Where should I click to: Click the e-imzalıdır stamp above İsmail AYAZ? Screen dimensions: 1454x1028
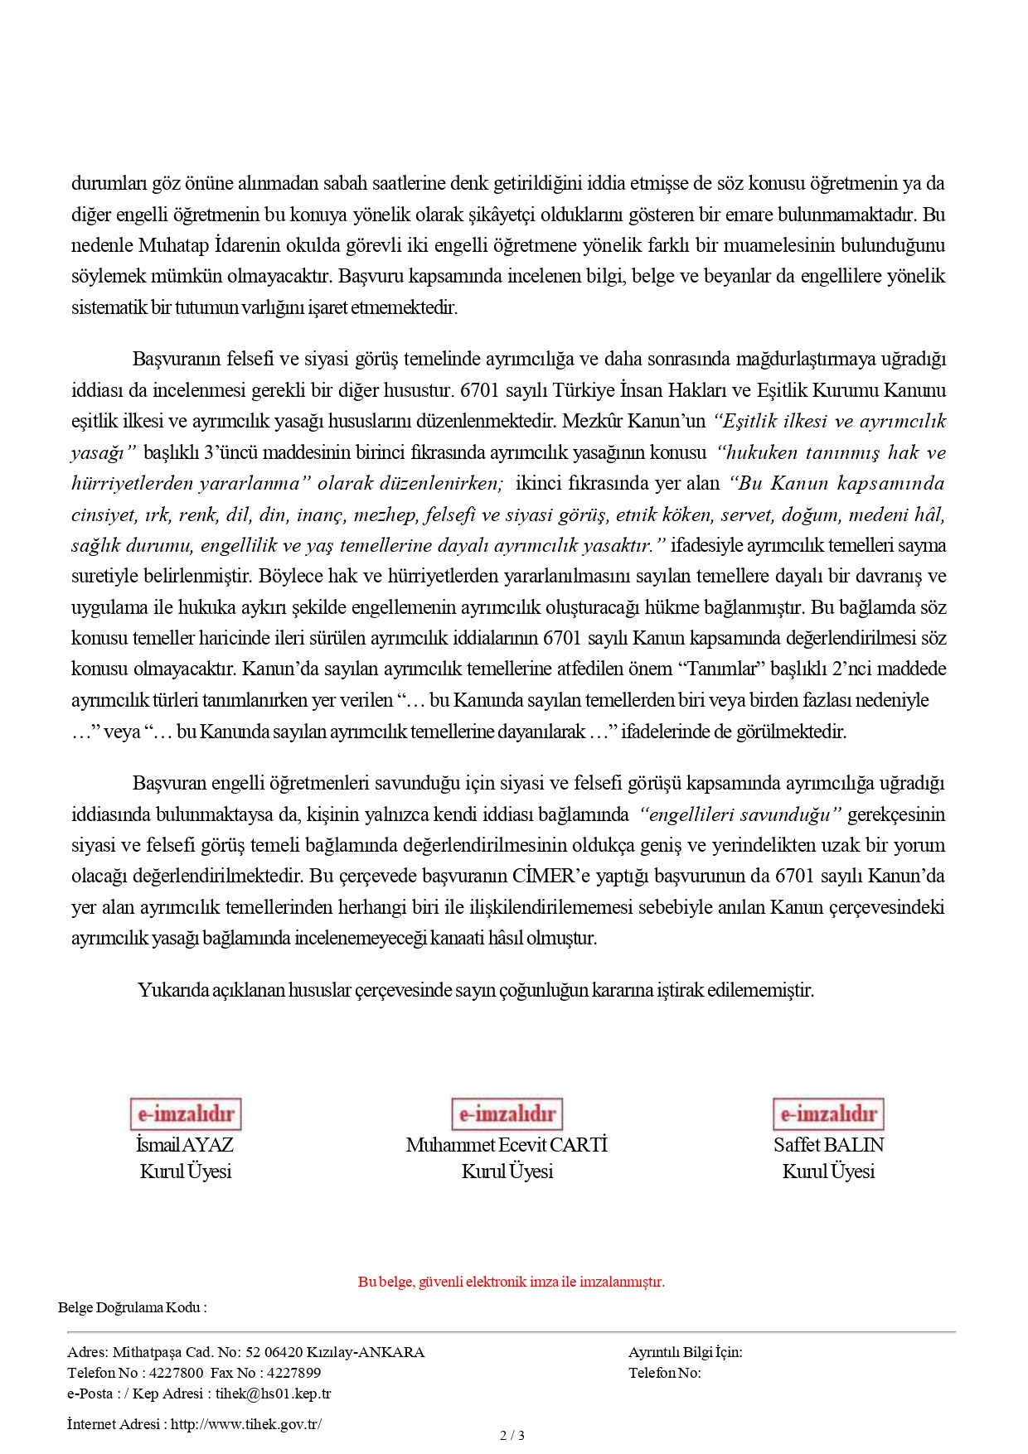tap(185, 1113)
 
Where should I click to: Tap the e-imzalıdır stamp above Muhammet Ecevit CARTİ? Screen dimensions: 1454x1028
tap(507, 1113)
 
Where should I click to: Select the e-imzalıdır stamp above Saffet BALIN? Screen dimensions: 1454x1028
tap(828, 1113)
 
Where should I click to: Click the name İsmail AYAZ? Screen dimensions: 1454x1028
tap(185, 1145)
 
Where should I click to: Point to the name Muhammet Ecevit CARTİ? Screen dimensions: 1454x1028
tap(507, 1145)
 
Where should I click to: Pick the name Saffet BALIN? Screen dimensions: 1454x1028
tap(828, 1145)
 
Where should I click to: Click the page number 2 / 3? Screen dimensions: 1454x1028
tap(512, 1435)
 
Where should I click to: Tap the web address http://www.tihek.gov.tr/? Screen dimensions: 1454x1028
tap(246, 1424)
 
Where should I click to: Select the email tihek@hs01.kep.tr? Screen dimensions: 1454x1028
tap(273, 1394)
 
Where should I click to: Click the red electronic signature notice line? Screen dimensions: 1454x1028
tap(512, 1282)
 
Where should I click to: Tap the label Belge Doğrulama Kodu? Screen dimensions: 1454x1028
tap(132, 1307)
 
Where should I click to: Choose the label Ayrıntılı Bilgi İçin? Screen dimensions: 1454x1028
tap(685, 1352)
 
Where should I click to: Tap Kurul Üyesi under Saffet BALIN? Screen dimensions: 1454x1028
tap(828, 1171)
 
